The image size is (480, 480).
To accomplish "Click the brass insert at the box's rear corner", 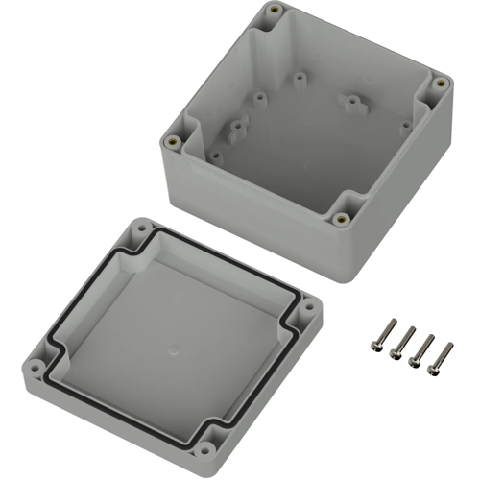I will point(276,12).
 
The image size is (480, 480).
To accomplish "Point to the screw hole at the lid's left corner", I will point(36,365).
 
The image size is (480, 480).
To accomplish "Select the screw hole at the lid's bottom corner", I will point(204,448).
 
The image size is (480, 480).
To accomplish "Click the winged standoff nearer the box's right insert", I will point(351,99).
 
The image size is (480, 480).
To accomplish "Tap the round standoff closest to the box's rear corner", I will point(300,74).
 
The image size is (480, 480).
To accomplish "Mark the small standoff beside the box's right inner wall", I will point(406,124).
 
